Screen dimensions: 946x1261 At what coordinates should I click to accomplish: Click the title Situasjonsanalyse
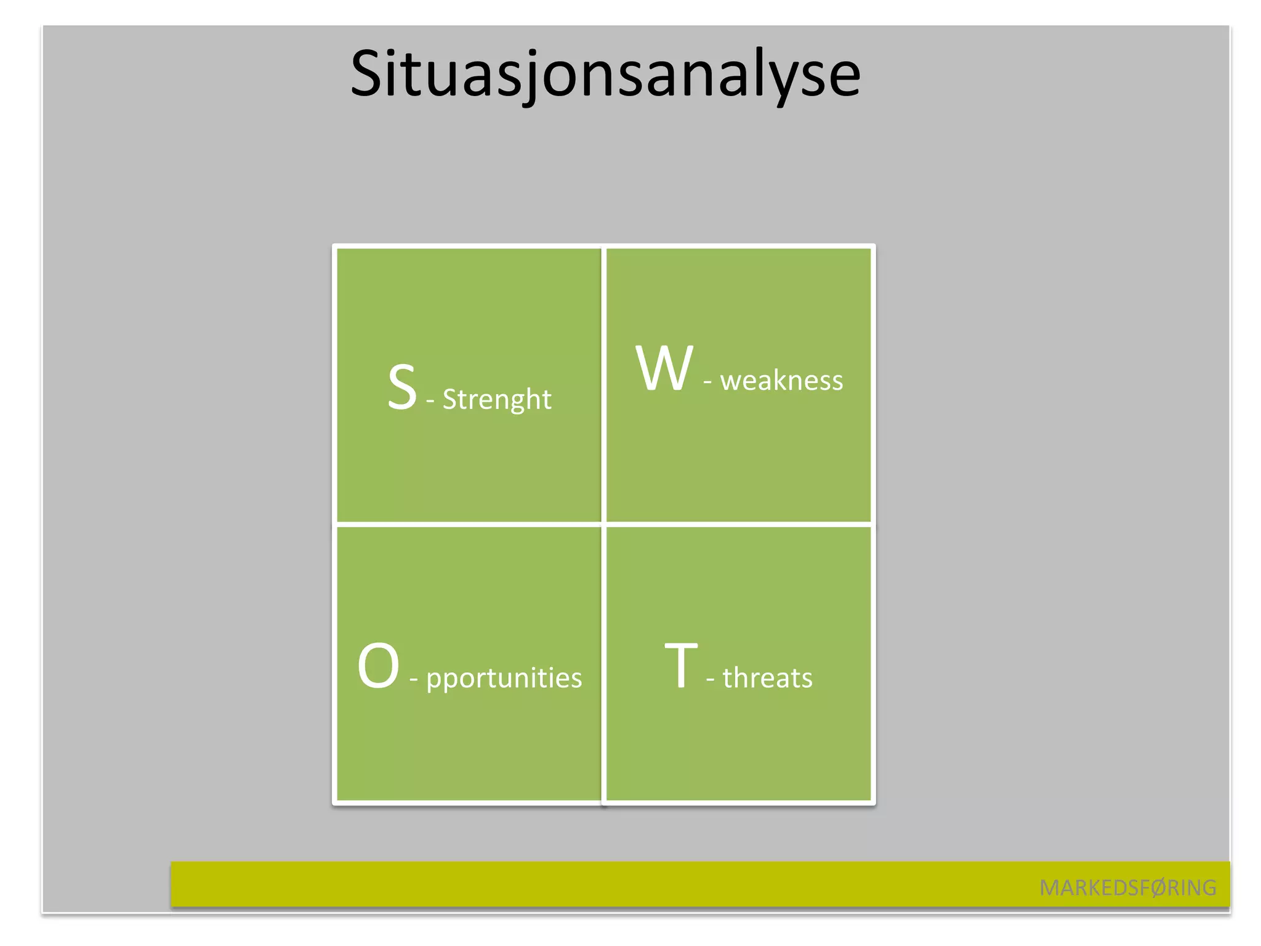pyautogui.click(x=605, y=74)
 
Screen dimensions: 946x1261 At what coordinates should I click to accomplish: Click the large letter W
pyautogui.click(x=664, y=368)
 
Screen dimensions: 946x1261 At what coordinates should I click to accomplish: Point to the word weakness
pyautogui.click(x=781, y=381)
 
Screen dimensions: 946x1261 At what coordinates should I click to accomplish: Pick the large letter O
pyautogui.click(x=378, y=666)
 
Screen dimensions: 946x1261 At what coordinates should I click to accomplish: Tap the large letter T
pyautogui.click(x=681, y=666)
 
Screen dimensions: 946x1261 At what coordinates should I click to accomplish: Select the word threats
pyautogui.click(x=767, y=678)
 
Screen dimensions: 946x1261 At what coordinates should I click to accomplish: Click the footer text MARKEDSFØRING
pyautogui.click(x=1127, y=887)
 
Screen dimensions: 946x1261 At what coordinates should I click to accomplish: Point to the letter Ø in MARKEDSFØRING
pyautogui.click(x=1158, y=887)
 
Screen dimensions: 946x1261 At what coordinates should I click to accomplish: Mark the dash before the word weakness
pyautogui.click(x=707, y=382)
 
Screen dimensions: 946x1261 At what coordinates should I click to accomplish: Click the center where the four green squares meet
pyautogui.click(x=603, y=525)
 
